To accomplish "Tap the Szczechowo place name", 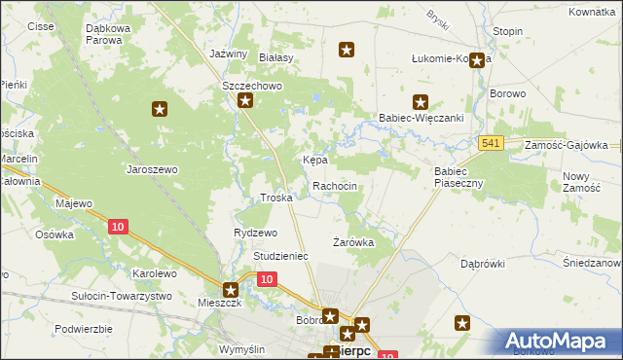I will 251,86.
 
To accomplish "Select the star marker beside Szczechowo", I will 245,100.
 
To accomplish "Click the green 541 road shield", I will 491,144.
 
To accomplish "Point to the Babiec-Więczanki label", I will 420,118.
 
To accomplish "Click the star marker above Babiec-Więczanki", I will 421,100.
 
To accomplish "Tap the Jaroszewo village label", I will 152,169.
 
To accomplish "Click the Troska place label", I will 276,198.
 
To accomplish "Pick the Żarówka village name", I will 353,242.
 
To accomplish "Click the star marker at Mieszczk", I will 231,289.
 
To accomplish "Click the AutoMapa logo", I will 559,341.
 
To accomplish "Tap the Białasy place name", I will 276,58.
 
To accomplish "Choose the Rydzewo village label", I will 256,234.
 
